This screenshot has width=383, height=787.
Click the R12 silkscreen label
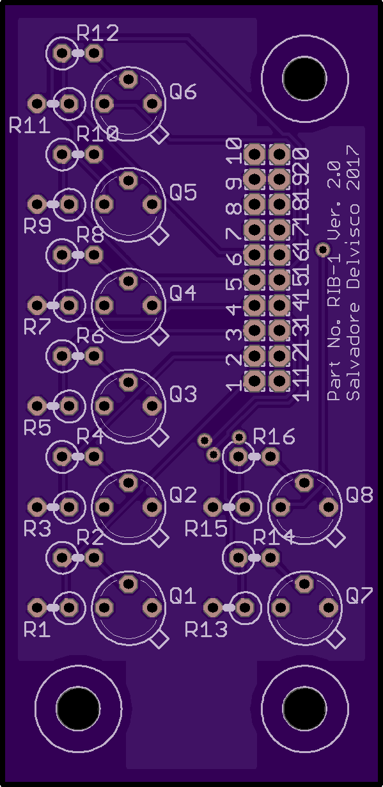point(97,33)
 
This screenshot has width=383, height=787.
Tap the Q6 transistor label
point(183,92)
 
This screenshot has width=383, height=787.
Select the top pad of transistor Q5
point(129,180)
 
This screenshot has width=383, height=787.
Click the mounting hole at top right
point(304,78)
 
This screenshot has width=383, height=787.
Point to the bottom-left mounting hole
point(78,708)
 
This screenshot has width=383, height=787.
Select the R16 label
point(274,437)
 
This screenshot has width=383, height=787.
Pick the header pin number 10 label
point(234,151)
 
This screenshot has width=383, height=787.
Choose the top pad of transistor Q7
point(304,583)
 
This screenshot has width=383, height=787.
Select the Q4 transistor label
point(183,293)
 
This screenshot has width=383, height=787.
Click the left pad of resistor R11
point(37,104)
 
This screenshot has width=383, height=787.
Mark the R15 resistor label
point(207,528)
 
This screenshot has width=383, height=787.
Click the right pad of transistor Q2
point(152,507)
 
